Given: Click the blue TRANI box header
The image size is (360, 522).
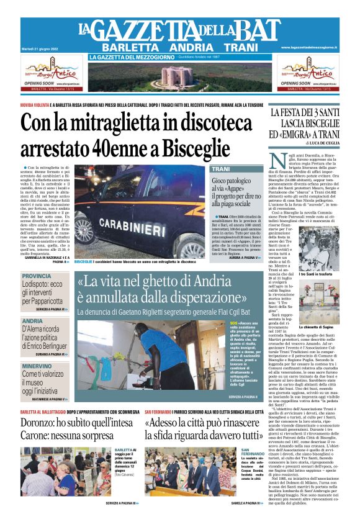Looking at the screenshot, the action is pyautogui.click(x=221, y=169).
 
